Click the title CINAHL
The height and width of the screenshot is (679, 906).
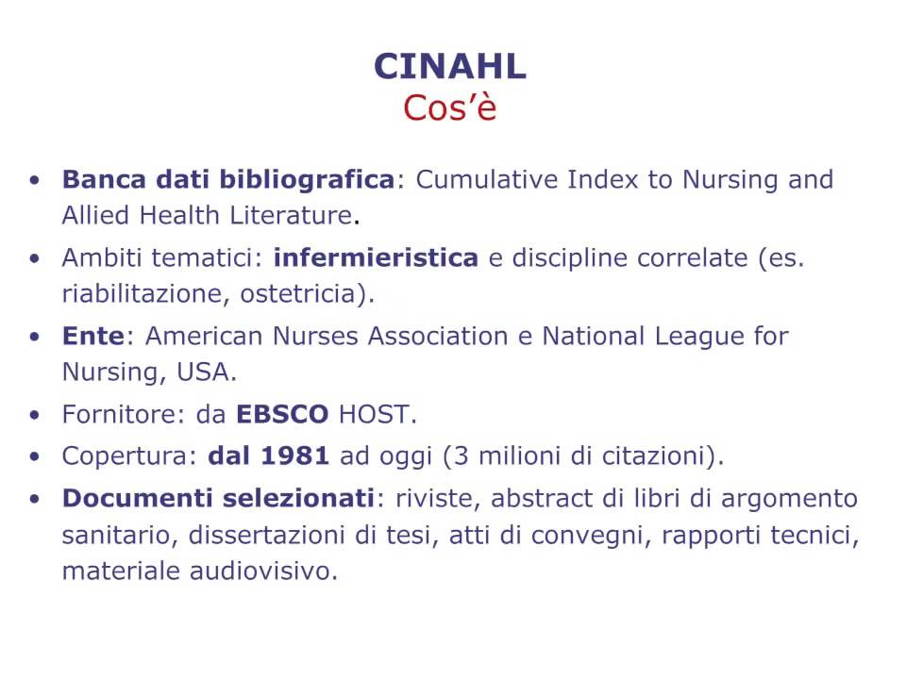click(x=450, y=66)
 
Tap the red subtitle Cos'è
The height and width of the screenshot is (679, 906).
click(x=450, y=108)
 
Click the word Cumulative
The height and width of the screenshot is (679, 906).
click(x=486, y=179)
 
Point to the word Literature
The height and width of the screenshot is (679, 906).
click(x=291, y=215)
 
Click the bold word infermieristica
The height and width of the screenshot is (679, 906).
click(x=376, y=257)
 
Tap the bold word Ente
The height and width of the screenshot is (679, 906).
click(x=93, y=336)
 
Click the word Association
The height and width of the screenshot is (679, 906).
click(x=438, y=336)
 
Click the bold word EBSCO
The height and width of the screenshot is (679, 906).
click(x=282, y=415)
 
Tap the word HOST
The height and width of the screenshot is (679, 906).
click(x=374, y=415)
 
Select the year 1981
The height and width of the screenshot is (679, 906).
click(x=294, y=456)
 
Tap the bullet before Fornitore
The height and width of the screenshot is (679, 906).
click(x=35, y=415)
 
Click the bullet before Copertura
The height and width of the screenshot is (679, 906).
click(x=35, y=456)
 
